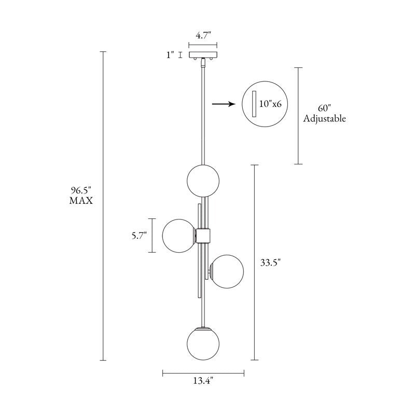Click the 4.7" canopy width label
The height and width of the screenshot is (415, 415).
pos(203,35)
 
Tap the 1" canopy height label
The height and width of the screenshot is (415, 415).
pos(171,55)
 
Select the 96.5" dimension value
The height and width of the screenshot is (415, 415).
pos(81,190)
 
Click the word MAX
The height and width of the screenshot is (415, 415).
pos(81,201)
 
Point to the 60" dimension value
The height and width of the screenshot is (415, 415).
pos(325,108)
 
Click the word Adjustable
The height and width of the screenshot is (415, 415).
pos(325,118)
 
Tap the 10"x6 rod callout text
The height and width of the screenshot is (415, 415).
pos(270,104)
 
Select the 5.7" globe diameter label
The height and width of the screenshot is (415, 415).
pos(139,236)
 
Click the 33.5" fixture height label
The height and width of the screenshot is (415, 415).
pos(270,263)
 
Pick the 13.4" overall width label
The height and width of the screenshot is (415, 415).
pos(203,381)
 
